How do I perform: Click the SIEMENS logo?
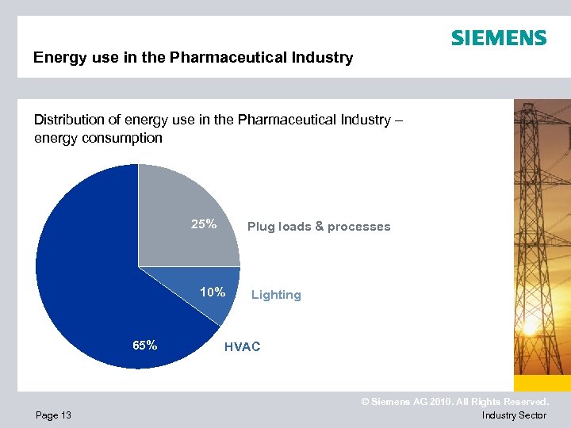(499, 38)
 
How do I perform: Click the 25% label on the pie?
(204, 224)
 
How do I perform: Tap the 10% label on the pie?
(213, 292)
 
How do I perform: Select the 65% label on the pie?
(144, 346)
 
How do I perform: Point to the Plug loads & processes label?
(319, 227)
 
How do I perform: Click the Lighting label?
(276, 295)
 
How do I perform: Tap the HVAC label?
(242, 347)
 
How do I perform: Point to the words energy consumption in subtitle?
(98, 138)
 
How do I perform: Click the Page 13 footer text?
(53, 415)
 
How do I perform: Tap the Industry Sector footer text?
(514, 415)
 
